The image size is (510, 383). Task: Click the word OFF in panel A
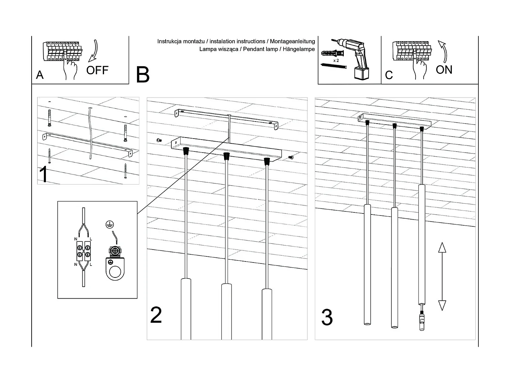[x=97, y=70]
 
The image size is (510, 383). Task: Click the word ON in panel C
[x=444, y=70]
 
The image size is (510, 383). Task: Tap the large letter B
[x=142, y=75]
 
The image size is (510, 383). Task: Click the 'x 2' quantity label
[x=336, y=60]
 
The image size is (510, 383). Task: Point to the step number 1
[x=44, y=174]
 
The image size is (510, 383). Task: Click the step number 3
[x=327, y=317]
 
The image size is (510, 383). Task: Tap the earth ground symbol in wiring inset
[x=109, y=224]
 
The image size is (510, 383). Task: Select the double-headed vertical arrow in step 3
[x=442, y=276]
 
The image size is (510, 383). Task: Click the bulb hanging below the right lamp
[x=422, y=321]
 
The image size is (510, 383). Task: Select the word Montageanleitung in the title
[x=292, y=42]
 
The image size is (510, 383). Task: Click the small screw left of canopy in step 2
[x=159, y=140]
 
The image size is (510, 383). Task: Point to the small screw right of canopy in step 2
[x=291, y=157]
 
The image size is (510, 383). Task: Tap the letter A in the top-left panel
[x=40, y=75]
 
